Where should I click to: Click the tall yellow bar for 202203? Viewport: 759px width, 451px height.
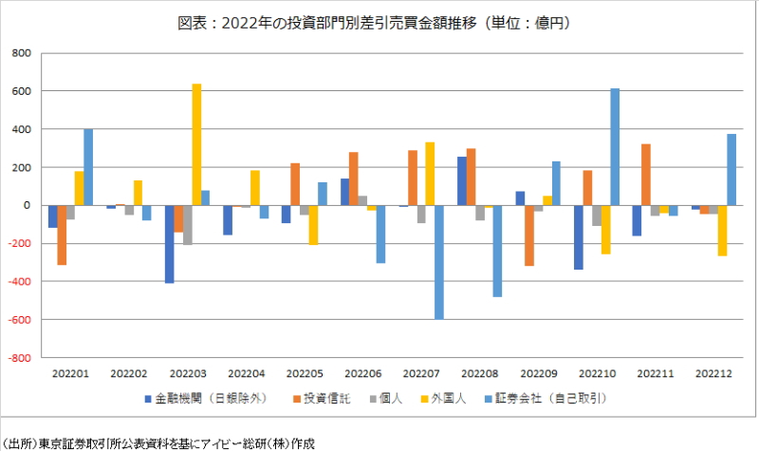tap(196, 144)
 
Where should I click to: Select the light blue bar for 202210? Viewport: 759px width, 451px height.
tap(615, 147)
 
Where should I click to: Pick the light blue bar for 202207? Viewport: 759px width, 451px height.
tap(439, 262)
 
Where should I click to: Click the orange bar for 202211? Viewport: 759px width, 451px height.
tap(646, 175)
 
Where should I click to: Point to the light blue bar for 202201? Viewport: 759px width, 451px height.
tap(88, 167)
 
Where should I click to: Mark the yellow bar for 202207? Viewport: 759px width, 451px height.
tap(430, 174)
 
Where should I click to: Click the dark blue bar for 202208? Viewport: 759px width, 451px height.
tap(462, 181)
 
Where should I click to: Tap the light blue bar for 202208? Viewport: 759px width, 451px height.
tap(497, 251)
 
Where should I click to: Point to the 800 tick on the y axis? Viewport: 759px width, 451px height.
tap(20, 53)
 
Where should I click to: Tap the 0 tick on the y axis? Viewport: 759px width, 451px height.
tap(28, 205)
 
